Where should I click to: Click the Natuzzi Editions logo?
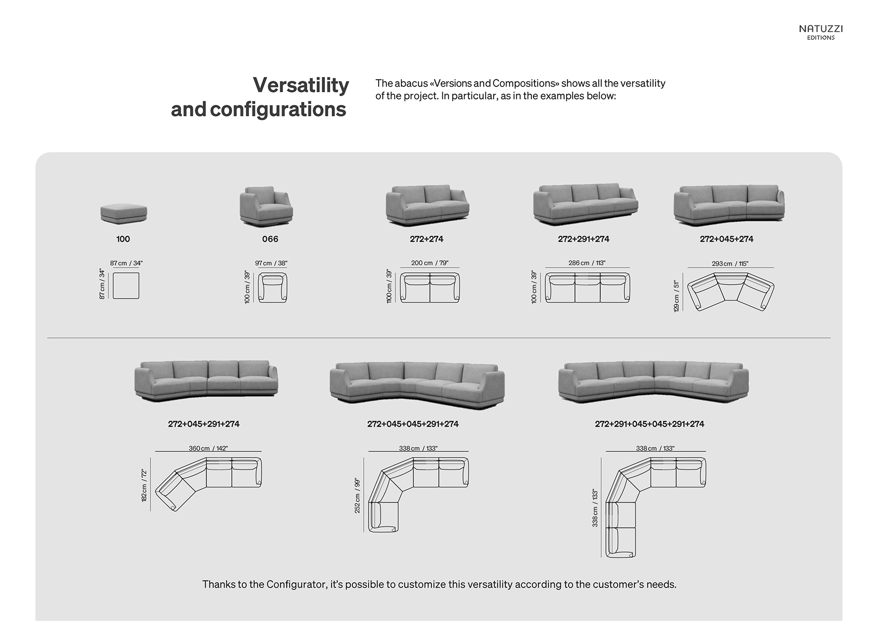tap(821, 32)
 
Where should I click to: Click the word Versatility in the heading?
tap(301, 85)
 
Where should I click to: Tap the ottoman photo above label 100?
tap(124, 214)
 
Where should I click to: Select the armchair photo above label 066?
tap(266, 206)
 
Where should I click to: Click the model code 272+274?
tap(426, 239)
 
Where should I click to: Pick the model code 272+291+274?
tap(584, 239)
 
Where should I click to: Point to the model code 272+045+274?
tap(726, 239)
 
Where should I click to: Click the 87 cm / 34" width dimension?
tap(126, 263)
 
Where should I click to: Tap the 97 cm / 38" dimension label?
tap(271, 263)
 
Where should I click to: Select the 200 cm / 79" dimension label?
tap(429, 263)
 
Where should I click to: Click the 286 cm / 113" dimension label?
tap(587, 263)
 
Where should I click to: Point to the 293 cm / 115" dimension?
tap(730, 264)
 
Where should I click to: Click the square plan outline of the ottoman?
tap(126, 286)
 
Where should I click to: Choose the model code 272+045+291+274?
tap(204, 424)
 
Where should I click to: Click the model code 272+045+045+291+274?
tap(413, 424)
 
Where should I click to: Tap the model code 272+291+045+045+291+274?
tap(649, 424)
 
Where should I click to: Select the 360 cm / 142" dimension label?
tap(208, 449)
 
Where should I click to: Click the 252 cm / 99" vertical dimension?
tap(358, 495)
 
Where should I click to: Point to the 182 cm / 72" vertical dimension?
tap(144, 485)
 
